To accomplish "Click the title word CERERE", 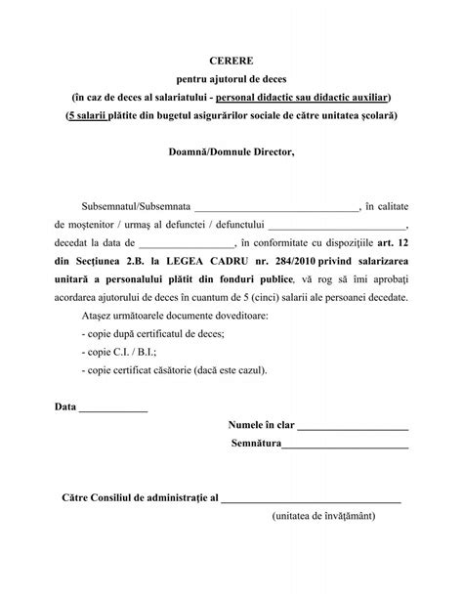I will [x=231, y=60].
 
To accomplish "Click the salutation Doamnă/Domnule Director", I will [x=231, y=151].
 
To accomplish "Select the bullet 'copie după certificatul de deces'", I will [x=153, y=333].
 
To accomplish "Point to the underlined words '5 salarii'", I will [x=114, y=115].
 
